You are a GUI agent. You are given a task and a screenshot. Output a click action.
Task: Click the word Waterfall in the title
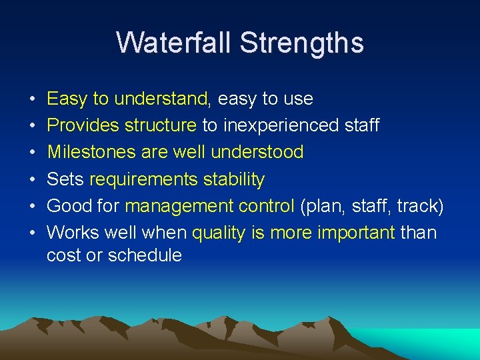coord(174,43)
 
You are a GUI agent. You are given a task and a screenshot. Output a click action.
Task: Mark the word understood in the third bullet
coord(257,152)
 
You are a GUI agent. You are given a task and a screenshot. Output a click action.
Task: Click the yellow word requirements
coord(143,179)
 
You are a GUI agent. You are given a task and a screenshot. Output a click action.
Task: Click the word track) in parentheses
coord(420,206)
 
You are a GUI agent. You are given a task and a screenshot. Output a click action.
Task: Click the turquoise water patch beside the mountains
coord(440,341)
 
